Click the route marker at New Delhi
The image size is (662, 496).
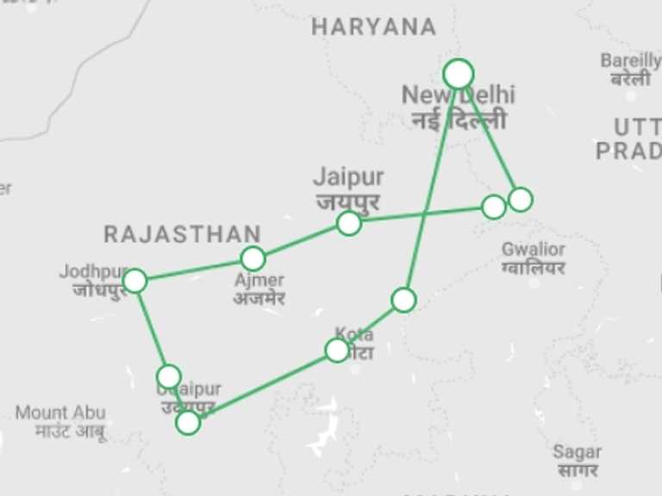coord(458,74)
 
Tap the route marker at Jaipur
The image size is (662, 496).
coord(348,223)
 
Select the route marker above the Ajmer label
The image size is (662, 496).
coord(253,258)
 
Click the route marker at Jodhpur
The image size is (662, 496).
coord(134,281)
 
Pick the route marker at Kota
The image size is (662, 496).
coord(337,350)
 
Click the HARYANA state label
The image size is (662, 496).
coord(373,27)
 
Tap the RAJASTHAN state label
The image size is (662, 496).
coord(182,233)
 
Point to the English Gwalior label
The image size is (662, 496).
coord(533,250)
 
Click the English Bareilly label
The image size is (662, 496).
coord(630,60)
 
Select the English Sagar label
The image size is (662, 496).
coord(577,452)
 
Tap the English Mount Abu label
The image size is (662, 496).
coord(59,413)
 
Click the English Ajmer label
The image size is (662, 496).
coord(259,281)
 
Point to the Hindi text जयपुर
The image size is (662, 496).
coord(348,202)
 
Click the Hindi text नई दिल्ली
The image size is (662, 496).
coord(458,120)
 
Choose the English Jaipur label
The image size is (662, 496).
coord(347,177)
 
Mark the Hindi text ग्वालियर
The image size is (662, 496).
coord(533,268)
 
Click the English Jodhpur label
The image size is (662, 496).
coord(91,272)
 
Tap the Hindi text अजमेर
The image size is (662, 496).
coord(259,299)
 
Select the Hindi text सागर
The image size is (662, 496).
coord(577,470)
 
